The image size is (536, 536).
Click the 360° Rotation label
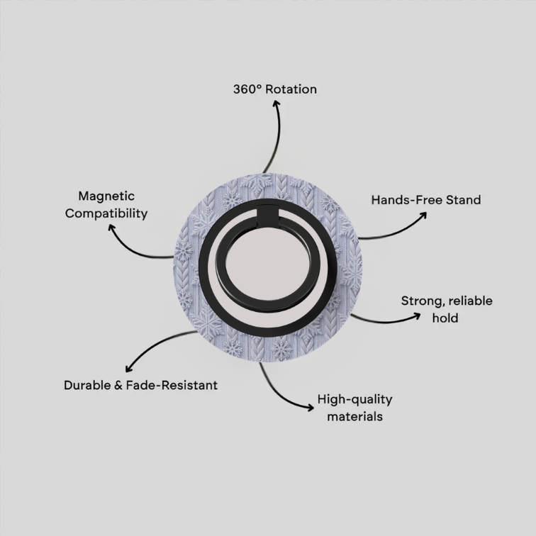275,89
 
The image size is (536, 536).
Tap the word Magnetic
106,196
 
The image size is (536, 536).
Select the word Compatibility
106,213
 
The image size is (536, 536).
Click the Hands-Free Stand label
426,200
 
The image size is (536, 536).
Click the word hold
445,318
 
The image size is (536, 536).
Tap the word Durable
87,385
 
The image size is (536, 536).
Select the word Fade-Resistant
172,385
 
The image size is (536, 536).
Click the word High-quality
354,400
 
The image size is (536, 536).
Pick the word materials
354,417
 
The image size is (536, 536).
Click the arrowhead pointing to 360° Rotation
277,104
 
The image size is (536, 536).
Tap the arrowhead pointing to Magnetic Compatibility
111,228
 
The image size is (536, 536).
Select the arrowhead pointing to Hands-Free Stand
423,216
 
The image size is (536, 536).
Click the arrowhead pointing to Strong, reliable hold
417,316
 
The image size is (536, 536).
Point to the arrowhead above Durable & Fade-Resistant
128,369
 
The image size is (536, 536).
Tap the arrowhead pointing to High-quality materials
310,407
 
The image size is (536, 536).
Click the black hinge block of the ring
267,216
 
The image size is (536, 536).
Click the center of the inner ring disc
268,265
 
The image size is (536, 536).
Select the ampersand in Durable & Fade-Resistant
118,385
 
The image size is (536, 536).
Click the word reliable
470,301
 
